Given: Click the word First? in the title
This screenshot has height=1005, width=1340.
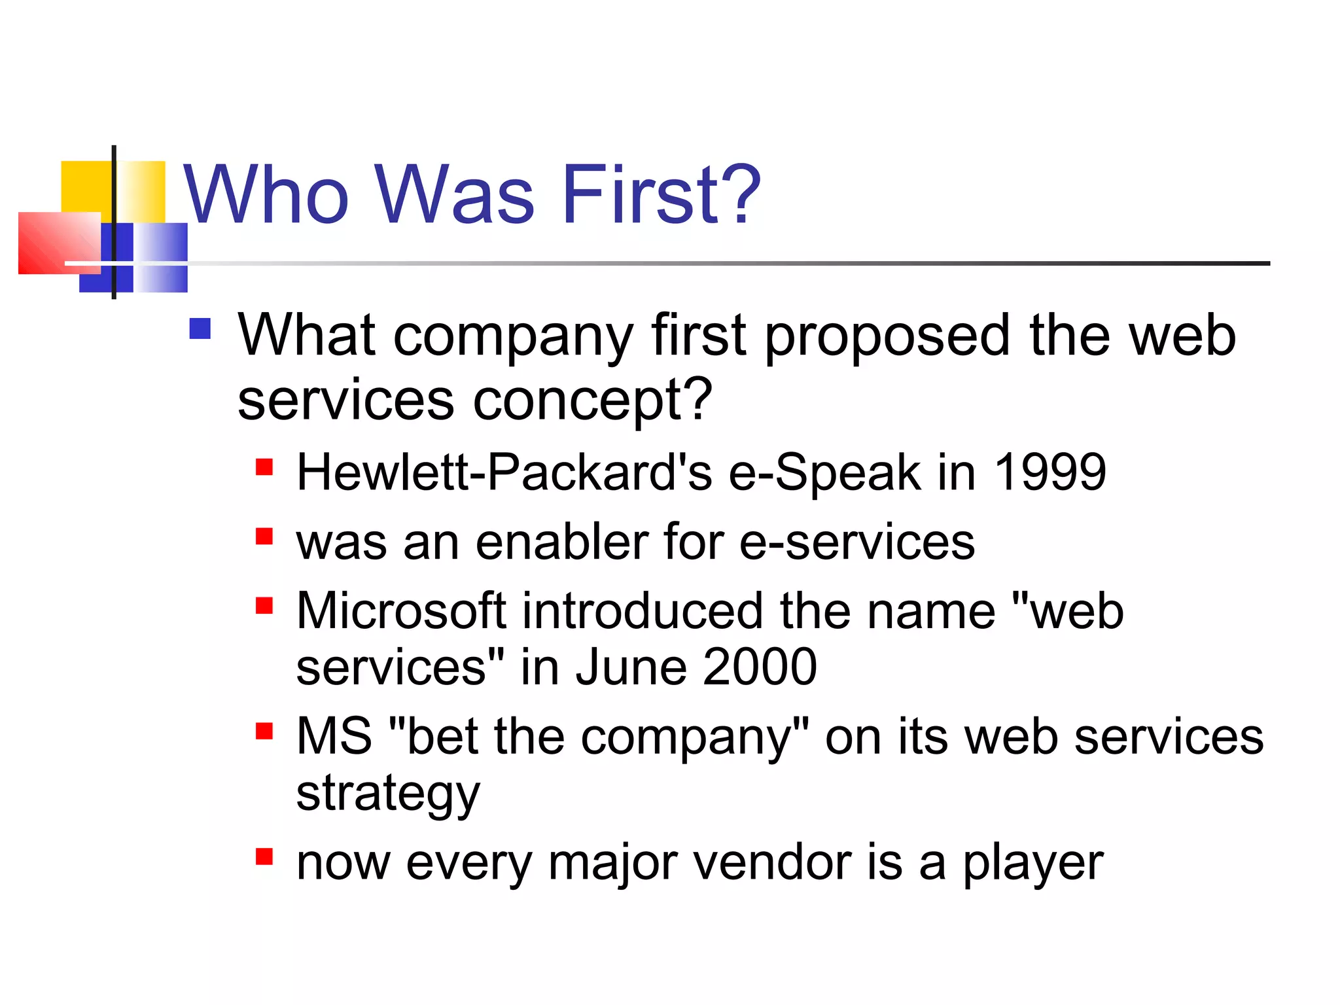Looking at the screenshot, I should click(661, 195).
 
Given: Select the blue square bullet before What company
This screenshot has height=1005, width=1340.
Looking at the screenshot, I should click(200, 328).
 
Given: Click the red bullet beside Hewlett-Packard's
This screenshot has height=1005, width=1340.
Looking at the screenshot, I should click(264, 467).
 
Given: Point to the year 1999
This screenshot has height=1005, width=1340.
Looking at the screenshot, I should click(1049, 472).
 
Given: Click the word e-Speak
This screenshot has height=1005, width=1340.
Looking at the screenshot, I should click(824, 473).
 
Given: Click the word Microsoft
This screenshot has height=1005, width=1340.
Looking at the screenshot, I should click(401, 611).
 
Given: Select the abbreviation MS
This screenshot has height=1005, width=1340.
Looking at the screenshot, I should click(334, 736).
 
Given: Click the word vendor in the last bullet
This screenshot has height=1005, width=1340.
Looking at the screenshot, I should click(771, 862).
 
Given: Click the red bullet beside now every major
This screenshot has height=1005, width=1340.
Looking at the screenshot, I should click(264, 856).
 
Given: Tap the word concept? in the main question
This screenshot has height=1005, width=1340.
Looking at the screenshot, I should click(591, 400).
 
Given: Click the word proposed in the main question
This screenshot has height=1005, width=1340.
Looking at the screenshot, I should click(887, 336).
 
